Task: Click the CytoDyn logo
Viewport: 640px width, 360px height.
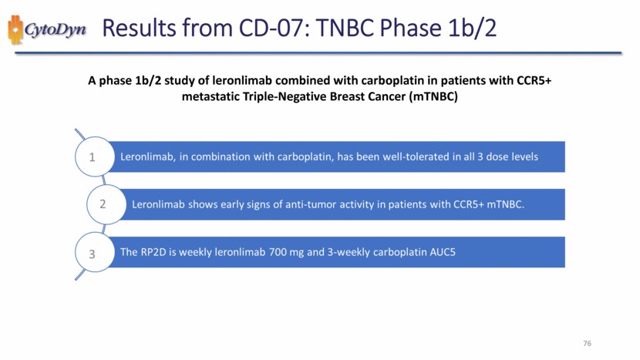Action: [x=47, y=29]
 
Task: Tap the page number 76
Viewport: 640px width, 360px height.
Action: [x=587, y=343]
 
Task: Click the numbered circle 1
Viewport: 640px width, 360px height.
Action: [x=95, y=156]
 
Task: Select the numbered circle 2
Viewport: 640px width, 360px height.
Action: [x=106, y=204]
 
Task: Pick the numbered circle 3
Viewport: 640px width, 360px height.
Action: [x=95, y=252]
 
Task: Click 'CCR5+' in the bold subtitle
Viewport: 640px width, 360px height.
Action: [x=534, y=80]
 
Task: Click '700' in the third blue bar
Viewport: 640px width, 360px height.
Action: [x=278, y=252]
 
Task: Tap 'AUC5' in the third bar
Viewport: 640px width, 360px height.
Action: [x=443, y=252]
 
